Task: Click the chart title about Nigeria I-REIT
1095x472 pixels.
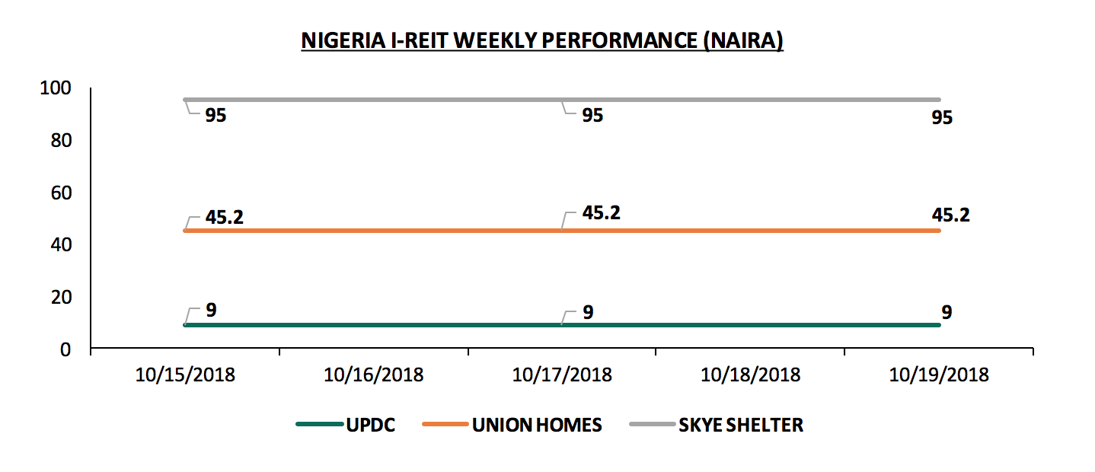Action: pyautogui.click(x=542, y=40)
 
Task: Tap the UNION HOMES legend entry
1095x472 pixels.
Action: pyautogui.click(x=537, y=425)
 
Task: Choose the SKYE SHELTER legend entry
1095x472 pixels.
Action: pyautogui.click(x=740, y=425)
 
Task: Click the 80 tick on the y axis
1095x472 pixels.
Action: pyautogui.click(x=60, y=141)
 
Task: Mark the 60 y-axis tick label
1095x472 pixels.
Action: pyautogui.click(x=60, y=193)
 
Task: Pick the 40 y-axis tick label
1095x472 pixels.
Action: pyautogui.click(x=60, y=245)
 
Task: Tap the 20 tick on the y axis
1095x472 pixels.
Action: pyautogui.click(x=60, y=298)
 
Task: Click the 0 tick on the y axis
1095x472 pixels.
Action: pyautogui.click(x=65, y=349)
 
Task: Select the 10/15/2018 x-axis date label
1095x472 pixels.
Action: pyautogui.click(x=186, y=375)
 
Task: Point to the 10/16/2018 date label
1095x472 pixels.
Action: pyautogui.click(x=374, y=375)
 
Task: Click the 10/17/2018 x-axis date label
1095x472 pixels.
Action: pyautogui.click(x=562, y=375)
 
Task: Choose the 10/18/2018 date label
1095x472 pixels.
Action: pyautogui.click(x=750, y=375)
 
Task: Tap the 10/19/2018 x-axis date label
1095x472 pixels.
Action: pyautogui.click(x=938, y=375)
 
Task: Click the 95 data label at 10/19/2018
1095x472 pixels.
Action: pyautogui.click(x=941, y=118)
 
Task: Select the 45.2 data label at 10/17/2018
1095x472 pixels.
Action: pyautogui.click(x=602, y=212)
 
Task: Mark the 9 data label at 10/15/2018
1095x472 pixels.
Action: pyautogui.click(x=212, y=311)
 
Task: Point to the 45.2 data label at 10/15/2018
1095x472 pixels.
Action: pyautogui.click(x=225, y=217)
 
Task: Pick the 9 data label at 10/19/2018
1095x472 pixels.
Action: pyautogui.click(x=947, y=311)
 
